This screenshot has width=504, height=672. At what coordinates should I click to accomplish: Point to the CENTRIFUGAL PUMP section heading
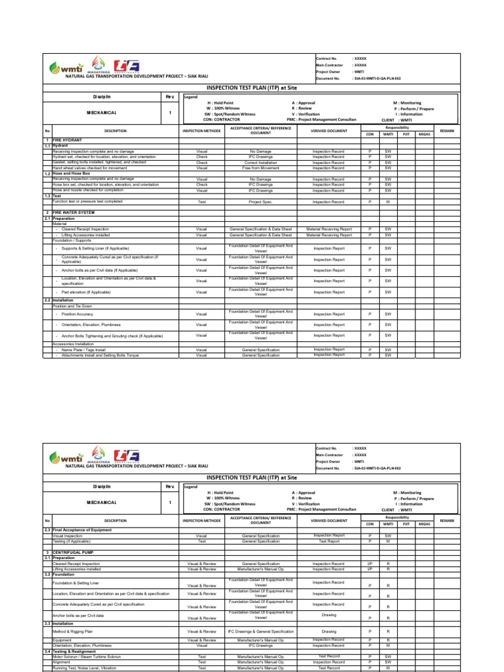coord(72,553)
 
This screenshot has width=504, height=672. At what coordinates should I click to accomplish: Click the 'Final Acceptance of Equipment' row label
coord(86,530)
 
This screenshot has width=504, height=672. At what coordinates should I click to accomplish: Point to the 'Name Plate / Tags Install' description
coord(83,350)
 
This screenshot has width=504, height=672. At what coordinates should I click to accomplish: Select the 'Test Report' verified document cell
coord(329,541)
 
